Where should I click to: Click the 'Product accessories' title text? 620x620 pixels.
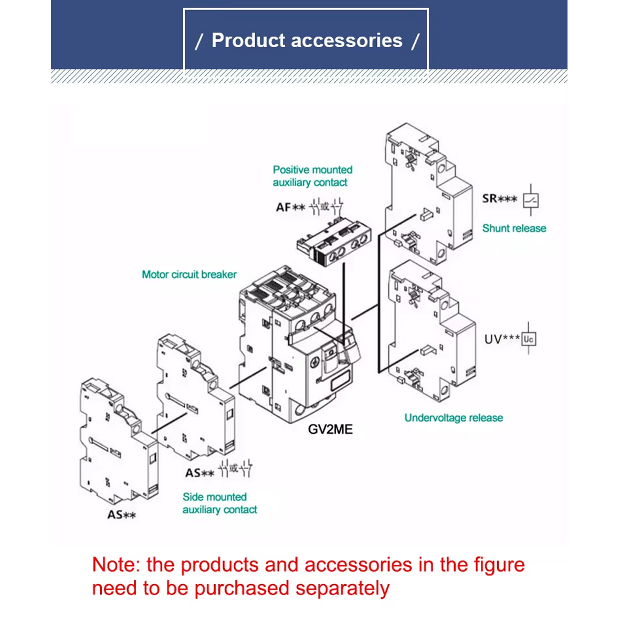pos(307,40)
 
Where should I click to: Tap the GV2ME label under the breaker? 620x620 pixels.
pos(330,429)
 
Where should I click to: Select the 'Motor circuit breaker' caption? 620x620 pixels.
pos(189,275)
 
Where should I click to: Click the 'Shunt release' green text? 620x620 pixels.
pos(514,228)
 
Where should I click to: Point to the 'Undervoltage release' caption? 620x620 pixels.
pos(454,418)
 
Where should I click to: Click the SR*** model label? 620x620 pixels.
pos(499,198)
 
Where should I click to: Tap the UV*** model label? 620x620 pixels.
pos(502,339)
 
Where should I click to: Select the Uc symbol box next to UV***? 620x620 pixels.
pos(529,339)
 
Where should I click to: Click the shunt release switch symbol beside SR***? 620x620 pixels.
pos(531,200)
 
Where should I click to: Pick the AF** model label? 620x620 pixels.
pos(291,207)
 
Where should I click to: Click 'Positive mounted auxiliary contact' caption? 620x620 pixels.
pos(312,176)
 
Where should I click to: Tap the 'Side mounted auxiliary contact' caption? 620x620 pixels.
pos(220,503)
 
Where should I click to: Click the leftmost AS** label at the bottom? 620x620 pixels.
pos(121,514)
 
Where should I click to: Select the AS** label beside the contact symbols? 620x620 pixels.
pos(199,472)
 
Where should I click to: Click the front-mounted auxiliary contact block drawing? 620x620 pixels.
pos(334,241)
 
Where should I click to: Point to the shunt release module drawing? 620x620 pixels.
pos(429,194)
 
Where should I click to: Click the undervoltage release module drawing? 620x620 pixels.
pos(432,331)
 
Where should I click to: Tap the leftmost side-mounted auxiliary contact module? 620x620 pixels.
pos(119,441)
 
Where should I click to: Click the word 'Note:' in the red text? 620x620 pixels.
pos(116,565)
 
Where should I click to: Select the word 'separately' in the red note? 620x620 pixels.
pos(342,589)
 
